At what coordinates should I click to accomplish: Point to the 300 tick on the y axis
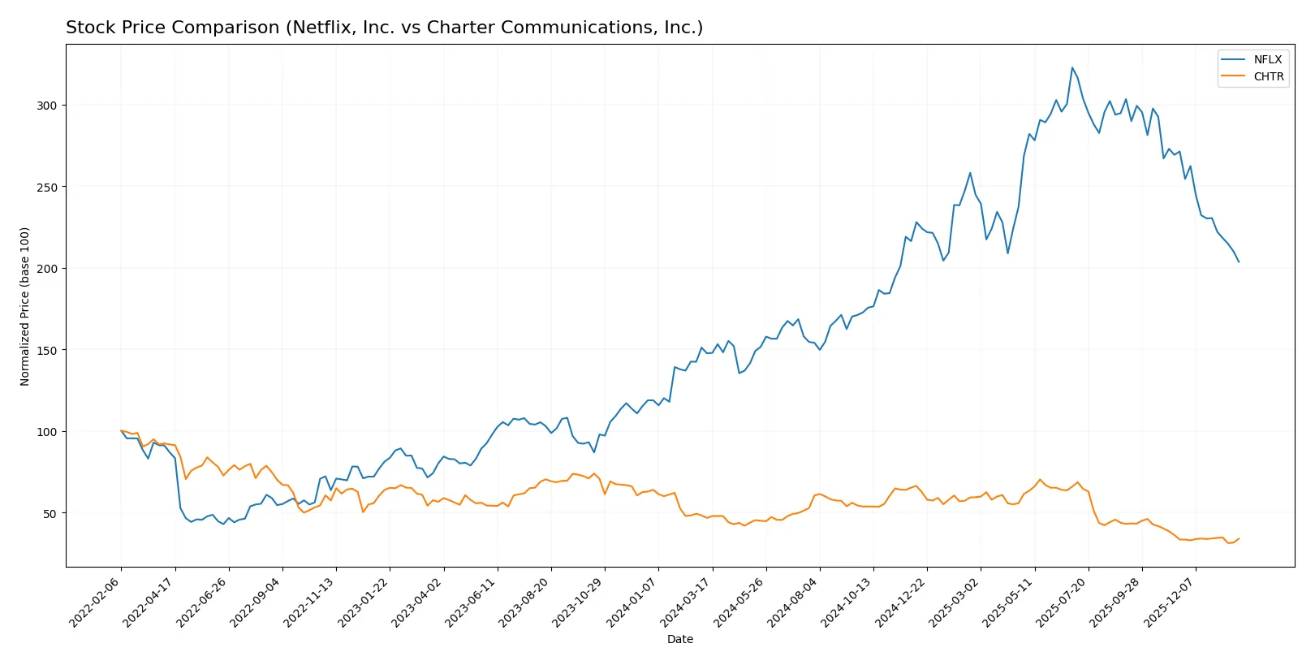[47, 106]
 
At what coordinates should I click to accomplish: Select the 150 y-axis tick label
[47, 350]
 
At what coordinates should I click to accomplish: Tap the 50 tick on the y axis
[50, 513]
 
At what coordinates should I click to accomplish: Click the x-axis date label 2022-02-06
[96, 602]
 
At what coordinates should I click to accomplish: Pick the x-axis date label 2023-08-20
[525, 602]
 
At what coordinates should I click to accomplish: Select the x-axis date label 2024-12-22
[901, 602]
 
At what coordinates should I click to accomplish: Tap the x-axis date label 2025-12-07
[1170, 602]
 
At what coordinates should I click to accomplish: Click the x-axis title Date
[679, 639]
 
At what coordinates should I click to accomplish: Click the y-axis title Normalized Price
[25, 306]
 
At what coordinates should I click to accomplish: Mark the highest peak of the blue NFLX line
[1071, 67]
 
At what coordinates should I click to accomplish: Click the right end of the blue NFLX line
[1239, 261]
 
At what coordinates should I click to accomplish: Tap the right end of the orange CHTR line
[1239, 538]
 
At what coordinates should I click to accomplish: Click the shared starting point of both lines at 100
[121, 431]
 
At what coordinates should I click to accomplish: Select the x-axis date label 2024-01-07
[632, 602]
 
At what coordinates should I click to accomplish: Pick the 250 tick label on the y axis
[47, 187]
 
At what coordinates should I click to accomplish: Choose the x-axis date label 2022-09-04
[257, 602]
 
